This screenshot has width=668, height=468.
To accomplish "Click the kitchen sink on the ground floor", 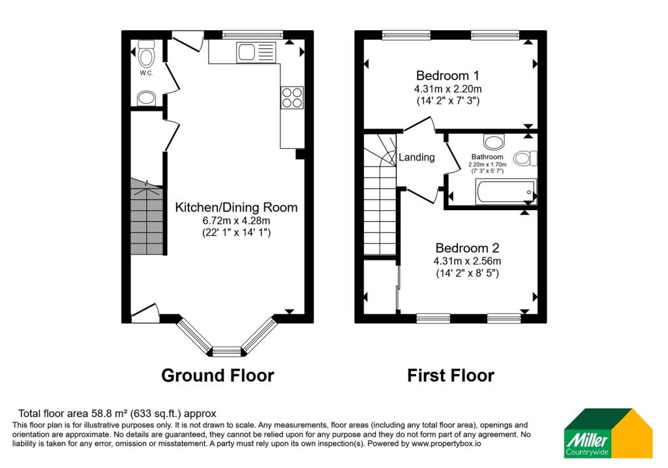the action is (256, 52).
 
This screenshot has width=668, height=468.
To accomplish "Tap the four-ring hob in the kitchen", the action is (292, 98).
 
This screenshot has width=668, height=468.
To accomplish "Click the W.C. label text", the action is (146, 73).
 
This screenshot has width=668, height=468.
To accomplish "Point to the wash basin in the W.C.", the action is (146, 99).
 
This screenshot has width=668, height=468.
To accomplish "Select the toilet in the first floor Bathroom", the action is (525, 159).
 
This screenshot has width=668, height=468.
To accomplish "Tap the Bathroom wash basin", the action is (494, 141).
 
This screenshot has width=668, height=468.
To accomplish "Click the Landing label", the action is (417, 157).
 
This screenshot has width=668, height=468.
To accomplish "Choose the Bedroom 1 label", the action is (448, 76).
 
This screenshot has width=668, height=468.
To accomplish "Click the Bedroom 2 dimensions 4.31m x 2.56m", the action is (467, 261).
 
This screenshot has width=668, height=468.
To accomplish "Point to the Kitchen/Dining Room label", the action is (236, 208).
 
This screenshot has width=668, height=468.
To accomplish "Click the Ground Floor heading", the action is (218, 375).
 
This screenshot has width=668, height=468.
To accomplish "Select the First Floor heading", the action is (451, 375).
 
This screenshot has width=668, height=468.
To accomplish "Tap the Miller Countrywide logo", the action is (609, 433).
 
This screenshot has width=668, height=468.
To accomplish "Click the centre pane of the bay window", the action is (226, 352).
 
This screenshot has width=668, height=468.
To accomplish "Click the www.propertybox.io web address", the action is (446, 444).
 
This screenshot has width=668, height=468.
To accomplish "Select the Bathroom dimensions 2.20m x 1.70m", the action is (487, 164).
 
